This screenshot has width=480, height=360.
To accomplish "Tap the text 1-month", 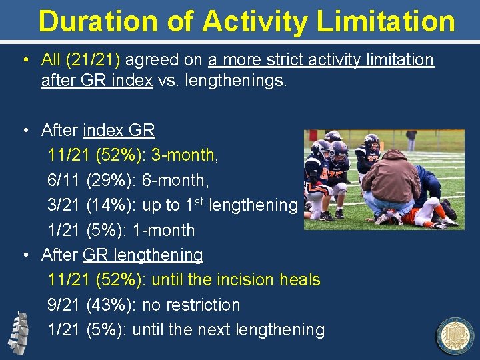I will pos(164,230).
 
